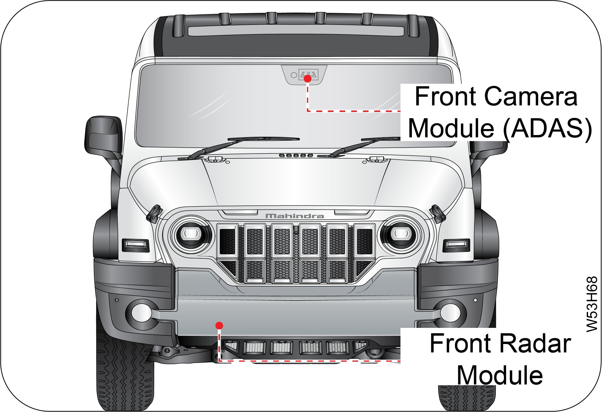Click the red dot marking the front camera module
pos(308,78)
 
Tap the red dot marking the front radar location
pos(219,325)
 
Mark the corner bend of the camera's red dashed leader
pos(308,111)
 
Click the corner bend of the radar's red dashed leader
pos(219,361)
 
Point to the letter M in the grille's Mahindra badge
pos(271,216)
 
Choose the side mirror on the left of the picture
pos(103,136)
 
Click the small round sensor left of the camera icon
pos(294,75)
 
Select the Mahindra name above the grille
pos(295,216)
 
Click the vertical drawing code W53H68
pos(592,304)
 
